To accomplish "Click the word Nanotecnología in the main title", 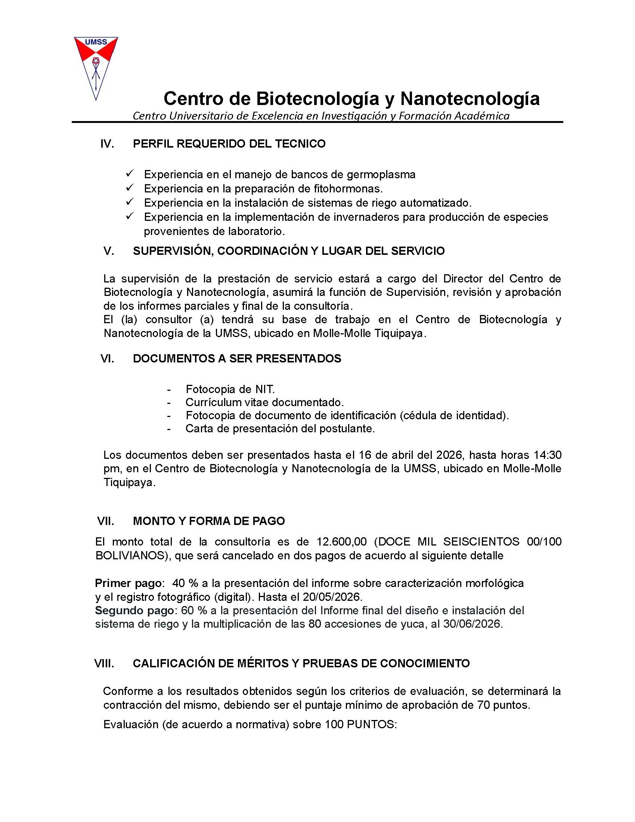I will click(470, 99).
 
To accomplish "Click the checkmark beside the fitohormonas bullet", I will click(130, 187).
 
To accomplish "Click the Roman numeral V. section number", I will click(109, 251).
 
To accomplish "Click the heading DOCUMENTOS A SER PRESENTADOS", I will click(237, 359).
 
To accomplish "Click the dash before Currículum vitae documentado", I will click(169, 403).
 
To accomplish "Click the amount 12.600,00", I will click(341, 542).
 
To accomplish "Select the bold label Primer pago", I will click(128, 583).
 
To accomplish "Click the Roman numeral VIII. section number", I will click(104, 664).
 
